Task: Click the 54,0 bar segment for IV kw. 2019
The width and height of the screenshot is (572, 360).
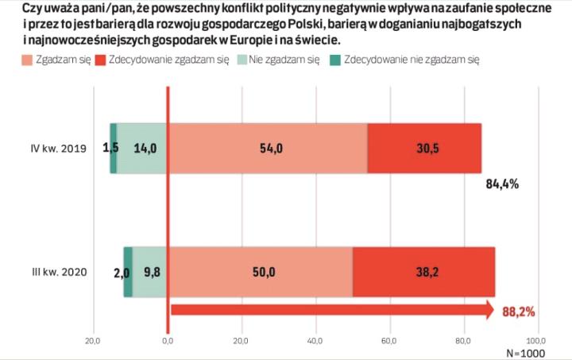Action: click(x=267, y=148)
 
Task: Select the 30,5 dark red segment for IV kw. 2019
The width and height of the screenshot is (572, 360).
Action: click(x=424, y=148)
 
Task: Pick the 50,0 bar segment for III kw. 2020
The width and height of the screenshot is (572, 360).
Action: click(x=261, y=273)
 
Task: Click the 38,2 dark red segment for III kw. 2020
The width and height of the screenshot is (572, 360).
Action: click(x=424, y=273)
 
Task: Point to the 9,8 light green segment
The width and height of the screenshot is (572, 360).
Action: click(x=150, y=273)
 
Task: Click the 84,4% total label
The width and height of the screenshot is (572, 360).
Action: click(x=501, y=184)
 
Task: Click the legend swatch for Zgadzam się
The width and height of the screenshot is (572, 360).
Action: click(x=24, y=60)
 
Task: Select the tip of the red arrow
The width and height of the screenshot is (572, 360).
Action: click(x=494, y=311)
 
